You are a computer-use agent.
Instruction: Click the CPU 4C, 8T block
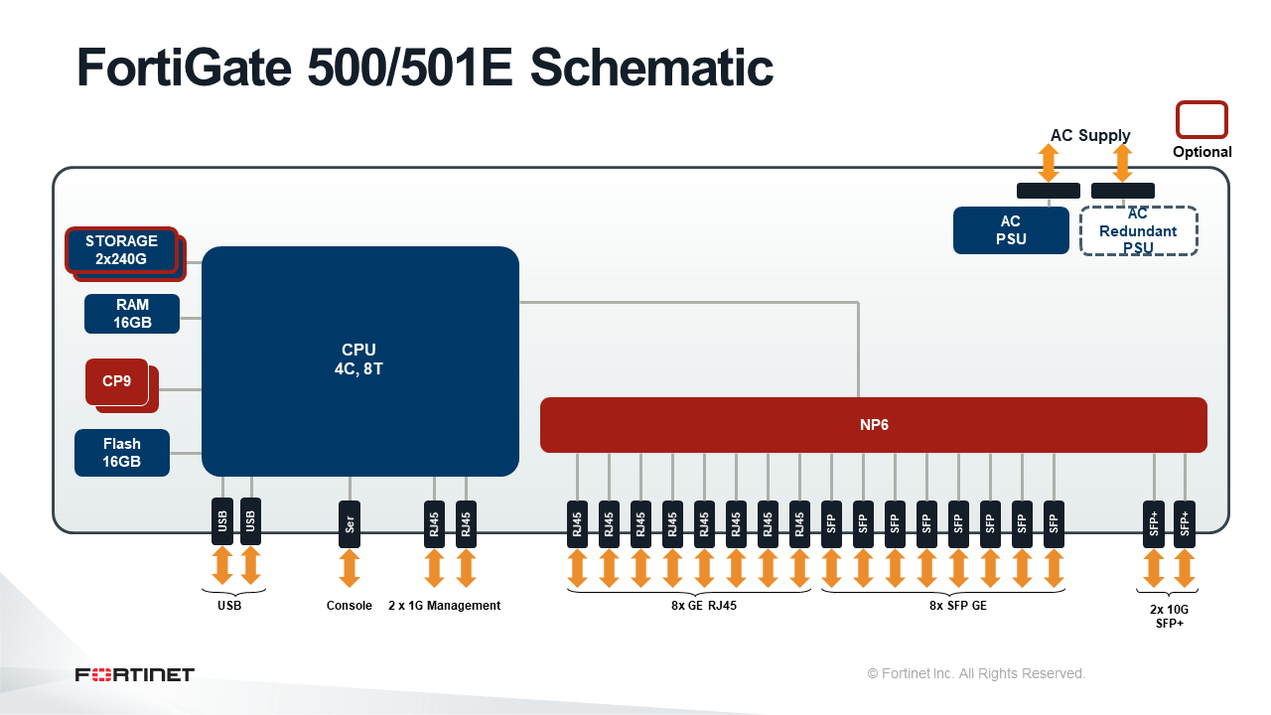(359, 360)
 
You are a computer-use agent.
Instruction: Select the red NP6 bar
(873, 424)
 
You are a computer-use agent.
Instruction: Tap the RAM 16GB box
(132, 313)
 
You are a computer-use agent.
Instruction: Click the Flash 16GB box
(122, 452)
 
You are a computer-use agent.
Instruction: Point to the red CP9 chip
(117, 381)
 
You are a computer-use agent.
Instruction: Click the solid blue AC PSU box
(1011, 229)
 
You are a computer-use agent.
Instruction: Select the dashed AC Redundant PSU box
(1138, 231)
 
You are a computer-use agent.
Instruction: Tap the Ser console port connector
(350, 523)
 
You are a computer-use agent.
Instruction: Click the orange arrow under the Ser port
(350, 568)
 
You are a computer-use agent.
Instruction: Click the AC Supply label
(1090, 135)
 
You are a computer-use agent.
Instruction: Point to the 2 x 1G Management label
(444, 606)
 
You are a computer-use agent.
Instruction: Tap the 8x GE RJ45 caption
(704, 606)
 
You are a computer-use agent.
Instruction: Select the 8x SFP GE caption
(958, 606)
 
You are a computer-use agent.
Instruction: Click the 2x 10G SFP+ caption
(1169, 617)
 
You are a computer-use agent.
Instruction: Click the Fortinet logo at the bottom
(134, 674)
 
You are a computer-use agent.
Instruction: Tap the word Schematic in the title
(651, 68)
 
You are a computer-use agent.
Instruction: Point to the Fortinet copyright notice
(976, 673)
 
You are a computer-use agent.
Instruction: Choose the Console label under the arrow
(349, 606)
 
